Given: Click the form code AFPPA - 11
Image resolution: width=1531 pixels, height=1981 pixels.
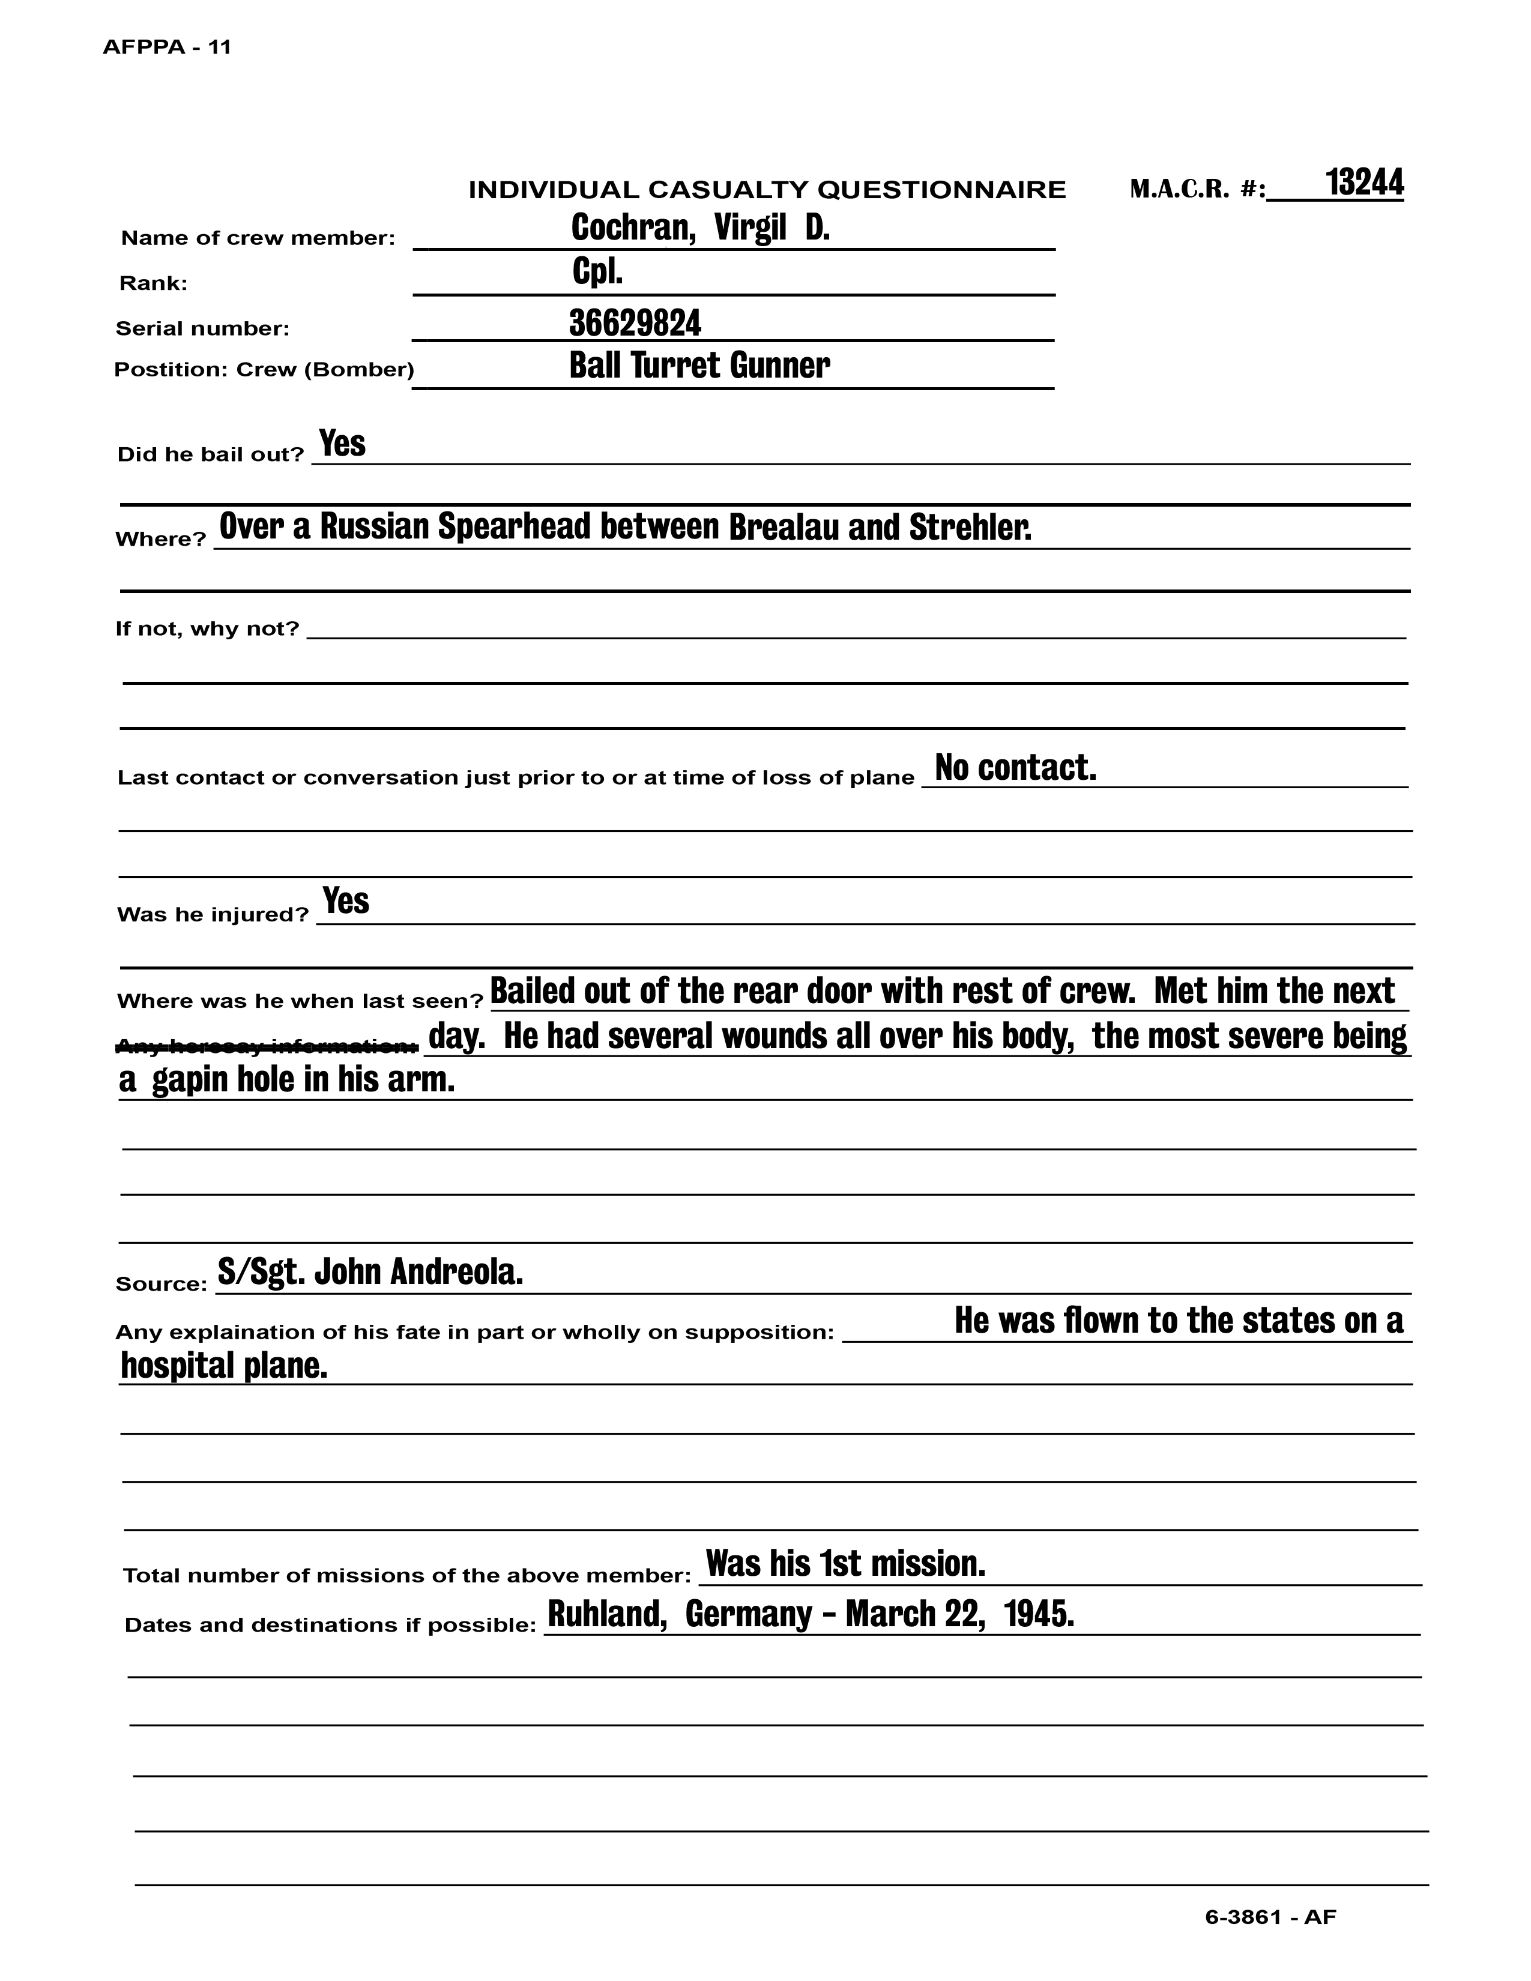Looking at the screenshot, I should coord(167,47).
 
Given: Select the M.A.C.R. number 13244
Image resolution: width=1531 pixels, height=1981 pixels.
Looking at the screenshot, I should coord(1363,183).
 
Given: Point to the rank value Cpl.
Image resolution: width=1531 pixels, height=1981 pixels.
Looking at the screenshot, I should coord(598,272).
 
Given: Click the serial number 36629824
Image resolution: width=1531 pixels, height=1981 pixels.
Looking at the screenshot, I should coord(635,323).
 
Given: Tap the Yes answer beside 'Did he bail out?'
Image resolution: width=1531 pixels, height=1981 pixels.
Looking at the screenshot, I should coord(342,444).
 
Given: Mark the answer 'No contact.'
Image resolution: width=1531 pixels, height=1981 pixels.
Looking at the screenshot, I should coord(1016,768).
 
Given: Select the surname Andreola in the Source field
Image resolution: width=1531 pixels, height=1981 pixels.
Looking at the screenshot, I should coord(456,1273).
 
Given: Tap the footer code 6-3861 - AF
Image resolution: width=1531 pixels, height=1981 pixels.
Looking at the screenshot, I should coord(1270,1917).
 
